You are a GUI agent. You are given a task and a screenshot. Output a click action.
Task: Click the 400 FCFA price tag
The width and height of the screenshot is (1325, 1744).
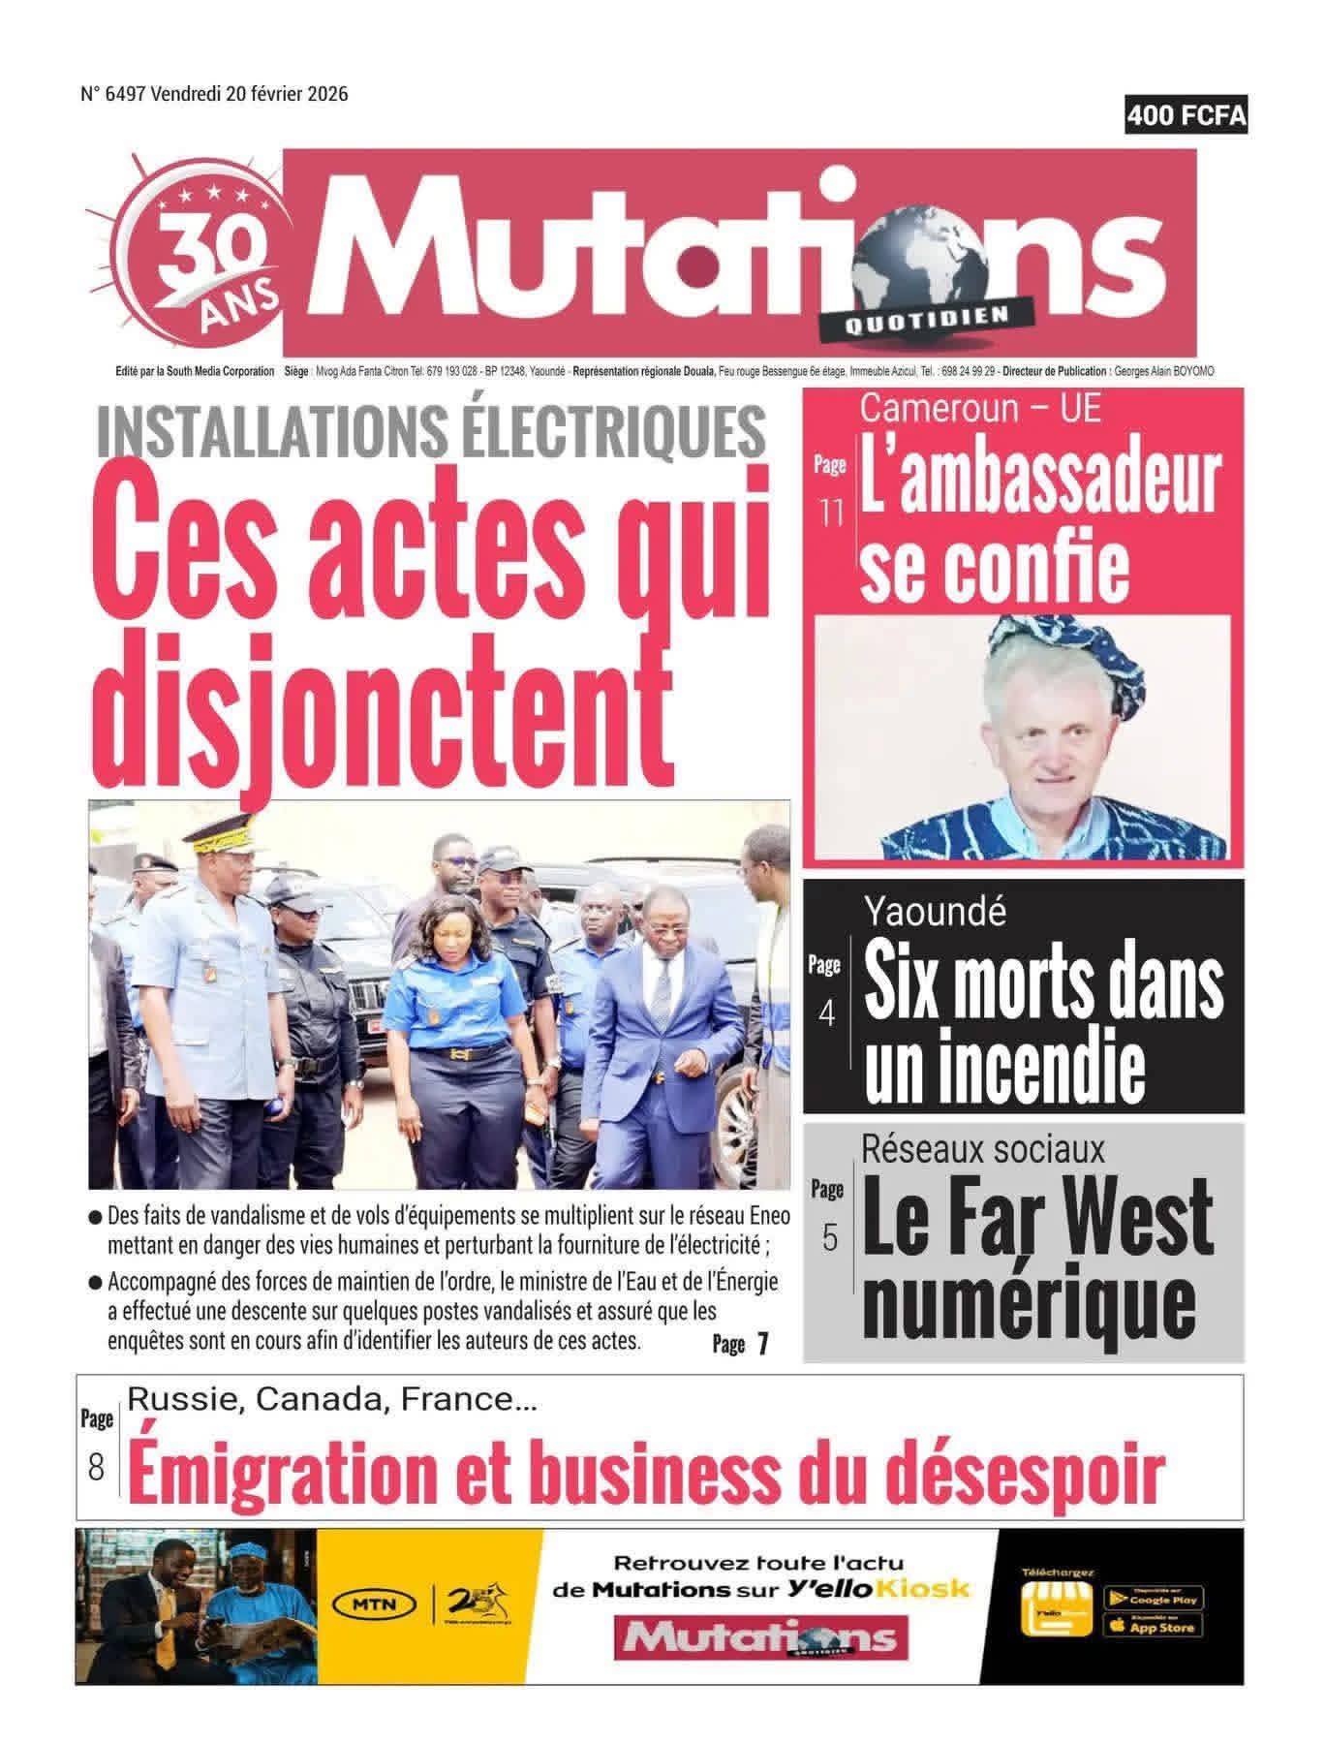[x=1186, y=116]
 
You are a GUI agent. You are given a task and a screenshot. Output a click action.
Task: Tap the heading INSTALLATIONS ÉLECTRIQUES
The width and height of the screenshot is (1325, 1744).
[x=432, y=431]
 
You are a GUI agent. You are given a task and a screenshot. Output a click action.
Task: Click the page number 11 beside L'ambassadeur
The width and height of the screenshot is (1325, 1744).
[x=831, y=513]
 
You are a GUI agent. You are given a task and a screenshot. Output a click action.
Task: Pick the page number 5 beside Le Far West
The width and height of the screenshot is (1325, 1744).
[x=829, y=1237]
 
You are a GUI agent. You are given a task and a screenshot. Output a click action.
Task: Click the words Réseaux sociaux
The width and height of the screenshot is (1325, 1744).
[x=982, y=1148]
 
